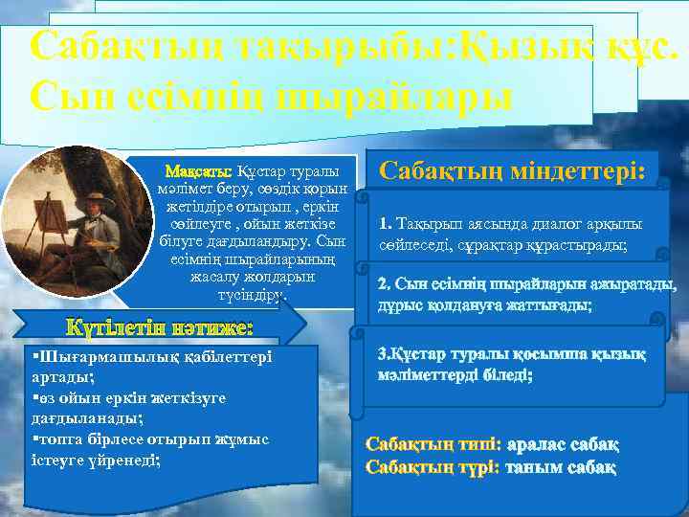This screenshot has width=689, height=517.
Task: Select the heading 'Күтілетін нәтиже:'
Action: (159, 328)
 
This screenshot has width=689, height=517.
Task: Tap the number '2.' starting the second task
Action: (385, 284)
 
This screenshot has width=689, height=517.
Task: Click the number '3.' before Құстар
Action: (385, 354)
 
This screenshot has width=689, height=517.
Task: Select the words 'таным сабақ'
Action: (561, 468)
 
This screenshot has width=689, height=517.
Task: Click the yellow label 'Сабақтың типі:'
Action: (433, 445)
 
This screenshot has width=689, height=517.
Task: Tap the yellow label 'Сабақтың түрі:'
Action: (433, 468)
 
